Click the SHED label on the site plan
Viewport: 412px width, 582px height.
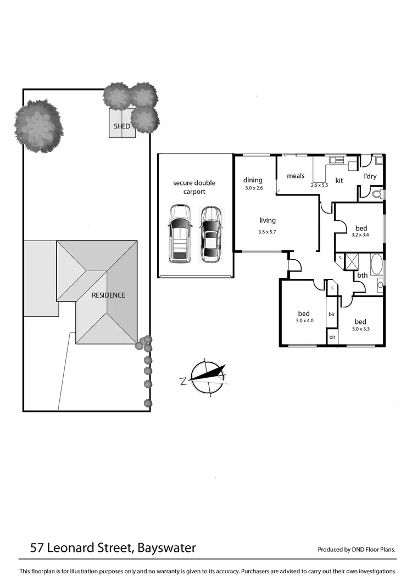[122, 126]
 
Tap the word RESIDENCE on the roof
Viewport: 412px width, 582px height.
[108, 295]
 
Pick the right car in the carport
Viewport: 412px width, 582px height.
[210, 233]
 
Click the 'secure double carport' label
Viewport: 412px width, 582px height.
[194, 187]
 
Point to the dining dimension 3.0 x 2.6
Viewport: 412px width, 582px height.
[253, 188]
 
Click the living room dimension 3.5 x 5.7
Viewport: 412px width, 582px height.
[267, 232]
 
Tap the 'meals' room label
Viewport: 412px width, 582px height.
[296, 176]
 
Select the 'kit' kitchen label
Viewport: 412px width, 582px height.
[339, 180]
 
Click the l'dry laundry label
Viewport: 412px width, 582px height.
[370, 176]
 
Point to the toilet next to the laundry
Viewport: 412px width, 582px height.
[376, 194]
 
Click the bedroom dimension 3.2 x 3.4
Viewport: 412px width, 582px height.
[360, 235]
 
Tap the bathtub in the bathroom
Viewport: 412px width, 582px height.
[377, 264]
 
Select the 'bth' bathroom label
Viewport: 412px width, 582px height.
[363, 276]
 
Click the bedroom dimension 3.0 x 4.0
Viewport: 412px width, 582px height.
[304, 320]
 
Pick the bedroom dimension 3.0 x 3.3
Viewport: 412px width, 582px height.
[360, 329]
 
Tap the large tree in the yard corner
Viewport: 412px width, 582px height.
[38, 126]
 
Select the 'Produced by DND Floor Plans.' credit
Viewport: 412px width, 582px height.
[357, 549]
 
